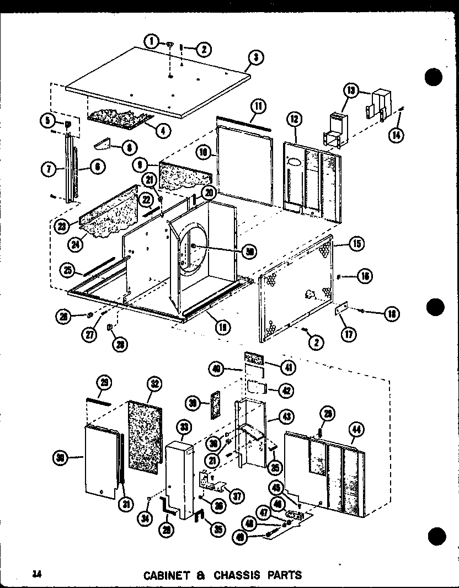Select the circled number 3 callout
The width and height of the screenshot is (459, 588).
(x=256, y=56)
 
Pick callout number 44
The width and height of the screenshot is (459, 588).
(x=356, y=428)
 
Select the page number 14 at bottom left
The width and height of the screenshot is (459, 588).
(x=37, y=574)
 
